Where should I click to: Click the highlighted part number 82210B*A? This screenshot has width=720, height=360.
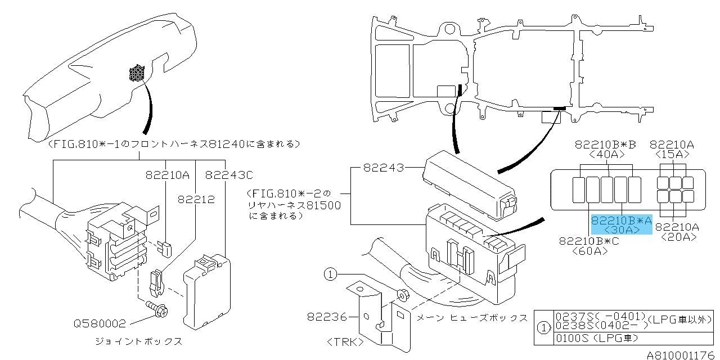click(621, 221)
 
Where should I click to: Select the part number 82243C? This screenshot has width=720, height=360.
click(229, 175)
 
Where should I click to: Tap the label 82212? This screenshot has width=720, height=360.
click(196, 199)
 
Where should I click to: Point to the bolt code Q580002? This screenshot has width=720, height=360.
click(100, 323)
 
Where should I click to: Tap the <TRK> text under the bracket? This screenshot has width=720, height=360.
click(345, 341)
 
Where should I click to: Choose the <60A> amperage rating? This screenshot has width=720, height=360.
click(589, 251)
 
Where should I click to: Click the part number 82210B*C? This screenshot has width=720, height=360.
click(589, 241)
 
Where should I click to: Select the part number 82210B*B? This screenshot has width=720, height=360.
click(605, 145)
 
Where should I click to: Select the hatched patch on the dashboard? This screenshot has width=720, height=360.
click(137, 73)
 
